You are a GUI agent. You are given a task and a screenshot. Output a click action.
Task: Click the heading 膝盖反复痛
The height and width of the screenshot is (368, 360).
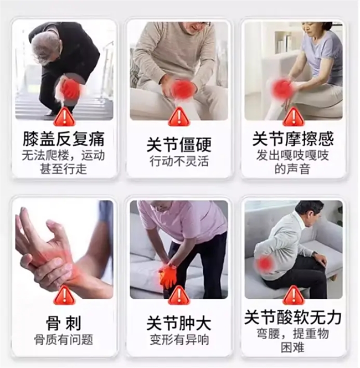point(64,139)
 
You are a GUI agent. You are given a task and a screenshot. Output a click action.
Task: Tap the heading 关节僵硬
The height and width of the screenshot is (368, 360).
point(179,145)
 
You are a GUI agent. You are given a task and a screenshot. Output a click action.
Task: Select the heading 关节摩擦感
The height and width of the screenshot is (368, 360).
point(293,139)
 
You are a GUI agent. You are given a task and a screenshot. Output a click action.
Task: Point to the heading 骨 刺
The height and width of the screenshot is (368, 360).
point(64,324)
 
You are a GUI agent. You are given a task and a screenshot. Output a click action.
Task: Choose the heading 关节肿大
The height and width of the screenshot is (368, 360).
point(179,324)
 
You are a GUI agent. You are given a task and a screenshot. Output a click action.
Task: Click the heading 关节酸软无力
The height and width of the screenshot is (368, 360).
point(293,318)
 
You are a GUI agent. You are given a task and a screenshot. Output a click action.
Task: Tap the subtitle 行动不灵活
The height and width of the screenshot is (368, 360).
point(179,161)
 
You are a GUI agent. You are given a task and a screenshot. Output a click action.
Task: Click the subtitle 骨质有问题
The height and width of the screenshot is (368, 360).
point(64,340)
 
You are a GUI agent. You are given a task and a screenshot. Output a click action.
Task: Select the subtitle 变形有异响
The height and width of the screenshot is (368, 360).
point(179,340)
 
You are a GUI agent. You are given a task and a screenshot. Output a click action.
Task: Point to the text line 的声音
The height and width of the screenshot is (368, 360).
point(292,169)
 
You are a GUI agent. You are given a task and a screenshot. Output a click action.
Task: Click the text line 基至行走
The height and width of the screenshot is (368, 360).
point(63,169)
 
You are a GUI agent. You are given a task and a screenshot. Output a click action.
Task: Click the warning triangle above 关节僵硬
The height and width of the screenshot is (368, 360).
point(179,116)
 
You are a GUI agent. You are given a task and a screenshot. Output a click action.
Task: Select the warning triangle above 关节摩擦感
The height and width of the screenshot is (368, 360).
point(293,116)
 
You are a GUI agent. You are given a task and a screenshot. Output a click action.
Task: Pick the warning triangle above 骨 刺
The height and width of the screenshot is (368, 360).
point(64,295)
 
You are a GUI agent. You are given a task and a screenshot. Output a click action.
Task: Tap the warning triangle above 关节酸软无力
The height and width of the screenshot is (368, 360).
point(293,295)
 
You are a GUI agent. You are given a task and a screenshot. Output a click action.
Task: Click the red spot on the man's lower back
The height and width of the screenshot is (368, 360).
point(265,263)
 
